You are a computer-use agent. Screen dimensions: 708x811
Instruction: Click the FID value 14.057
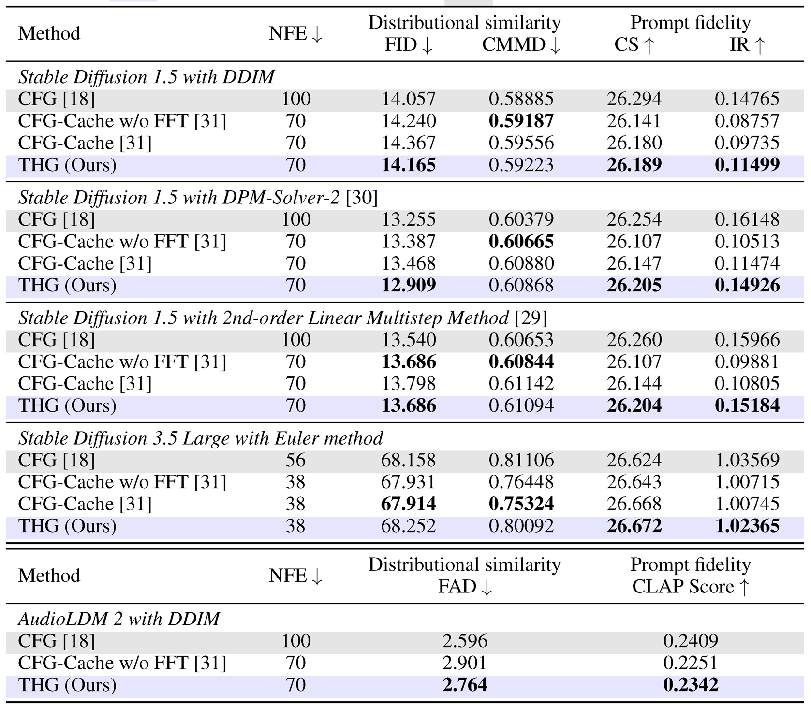pos(409,99)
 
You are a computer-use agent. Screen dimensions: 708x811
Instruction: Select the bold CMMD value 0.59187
pos(521,121)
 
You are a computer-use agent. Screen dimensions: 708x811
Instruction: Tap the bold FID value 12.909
pos(409,285)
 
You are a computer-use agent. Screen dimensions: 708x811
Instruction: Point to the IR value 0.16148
pos(747,219)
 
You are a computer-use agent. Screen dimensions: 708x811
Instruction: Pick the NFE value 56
pos(295,460)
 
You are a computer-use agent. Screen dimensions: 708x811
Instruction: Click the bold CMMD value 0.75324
pos(521,504)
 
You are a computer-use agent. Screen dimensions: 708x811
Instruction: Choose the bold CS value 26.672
pos(634,525)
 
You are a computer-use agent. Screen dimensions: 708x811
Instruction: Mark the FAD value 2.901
pos(465,663)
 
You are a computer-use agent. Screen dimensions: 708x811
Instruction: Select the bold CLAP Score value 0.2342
pos(691,684)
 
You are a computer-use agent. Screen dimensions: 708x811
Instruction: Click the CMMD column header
pos(521,45)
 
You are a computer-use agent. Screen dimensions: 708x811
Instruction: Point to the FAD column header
pos(465,587)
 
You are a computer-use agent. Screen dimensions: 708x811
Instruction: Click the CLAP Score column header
pos(691,587)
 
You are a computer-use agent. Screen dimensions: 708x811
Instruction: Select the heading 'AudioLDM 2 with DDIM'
pos(119,619)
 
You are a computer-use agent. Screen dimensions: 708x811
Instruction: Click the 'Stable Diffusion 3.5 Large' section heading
pos(200,438)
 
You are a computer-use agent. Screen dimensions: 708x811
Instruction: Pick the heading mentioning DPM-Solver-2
pos(198,198)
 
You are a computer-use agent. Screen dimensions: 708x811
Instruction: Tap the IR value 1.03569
pos(747,460)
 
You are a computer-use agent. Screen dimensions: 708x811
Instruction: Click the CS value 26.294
pos(634,99)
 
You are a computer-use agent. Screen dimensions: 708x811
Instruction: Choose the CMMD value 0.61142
pos(521,383)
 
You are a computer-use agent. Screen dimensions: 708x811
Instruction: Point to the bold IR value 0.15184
pos(747,405)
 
